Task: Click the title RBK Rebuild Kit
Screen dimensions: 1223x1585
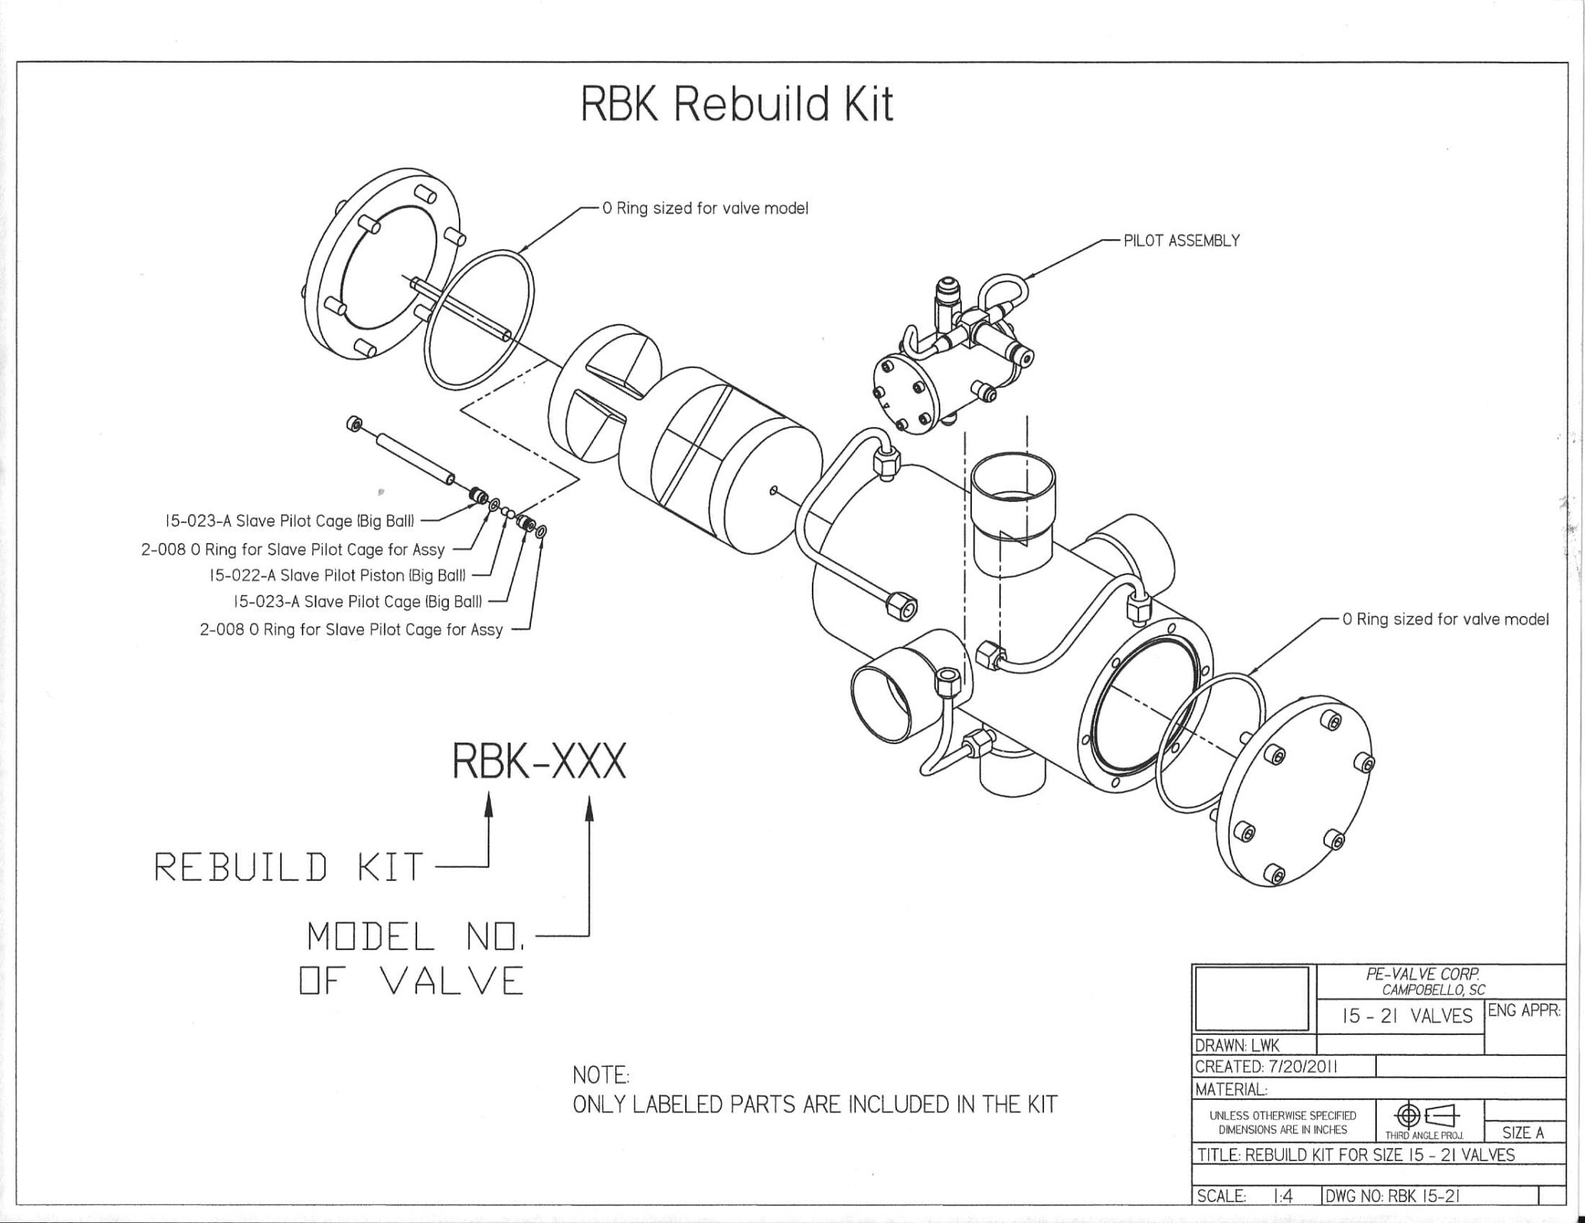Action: (x=737, y=104)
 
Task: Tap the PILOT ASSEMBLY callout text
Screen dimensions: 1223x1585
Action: (x=1181, y=241)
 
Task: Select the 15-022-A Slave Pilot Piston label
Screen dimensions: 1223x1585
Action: (x=337, y=576)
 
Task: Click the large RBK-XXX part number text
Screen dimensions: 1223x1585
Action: (x=539, y=763)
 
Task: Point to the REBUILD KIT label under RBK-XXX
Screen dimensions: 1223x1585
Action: (x=289, y=866)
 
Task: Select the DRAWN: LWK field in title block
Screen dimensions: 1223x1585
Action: (x=1237, y=1045)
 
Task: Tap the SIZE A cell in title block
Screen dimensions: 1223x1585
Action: (x=1523, y=1133)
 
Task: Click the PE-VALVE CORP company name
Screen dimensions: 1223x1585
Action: (x=1422, y=975)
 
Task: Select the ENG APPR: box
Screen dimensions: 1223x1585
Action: (x=1524, y=1010)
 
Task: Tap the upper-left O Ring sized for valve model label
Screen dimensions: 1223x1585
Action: (x=705, y=209)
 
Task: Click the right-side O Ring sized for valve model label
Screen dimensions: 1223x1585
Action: (x=1446, y=619)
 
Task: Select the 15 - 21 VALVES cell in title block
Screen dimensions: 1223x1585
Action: (x=1401, y=1016)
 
